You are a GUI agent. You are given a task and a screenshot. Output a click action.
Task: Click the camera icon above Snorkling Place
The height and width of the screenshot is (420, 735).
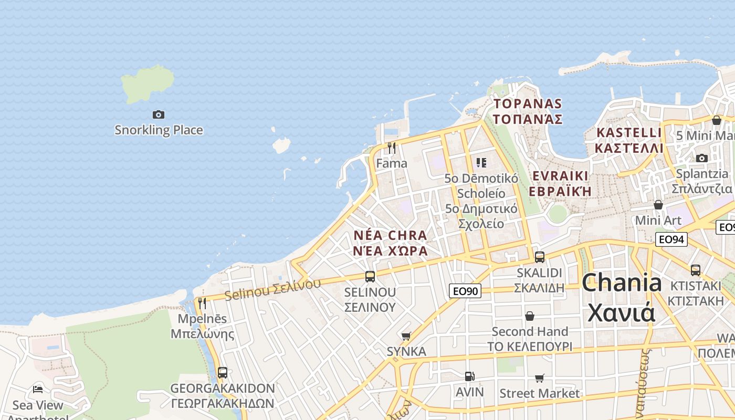tap(158, 114)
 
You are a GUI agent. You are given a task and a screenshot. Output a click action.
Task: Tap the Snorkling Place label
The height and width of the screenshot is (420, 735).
tap(159, 130)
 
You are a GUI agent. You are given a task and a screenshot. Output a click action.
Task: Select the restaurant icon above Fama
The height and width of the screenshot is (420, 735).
tap(391, 148)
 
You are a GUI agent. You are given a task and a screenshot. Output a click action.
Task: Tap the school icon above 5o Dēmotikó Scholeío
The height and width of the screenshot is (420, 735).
tap(481, 163)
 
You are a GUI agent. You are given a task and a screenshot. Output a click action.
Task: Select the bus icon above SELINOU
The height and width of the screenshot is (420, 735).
tap(370, 276)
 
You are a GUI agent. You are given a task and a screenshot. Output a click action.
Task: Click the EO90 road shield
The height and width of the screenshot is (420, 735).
tap(465, 290)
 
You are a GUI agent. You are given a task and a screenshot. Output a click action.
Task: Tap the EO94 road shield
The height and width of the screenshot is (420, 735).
tap(671, 240)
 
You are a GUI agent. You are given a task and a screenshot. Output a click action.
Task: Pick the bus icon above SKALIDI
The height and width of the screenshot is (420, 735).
tap(539, 257)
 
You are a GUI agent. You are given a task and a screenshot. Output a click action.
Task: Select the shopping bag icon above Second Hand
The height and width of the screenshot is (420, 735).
tap(530, 316)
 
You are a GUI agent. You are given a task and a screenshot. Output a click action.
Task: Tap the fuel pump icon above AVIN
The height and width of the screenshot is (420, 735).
tap(469, 376)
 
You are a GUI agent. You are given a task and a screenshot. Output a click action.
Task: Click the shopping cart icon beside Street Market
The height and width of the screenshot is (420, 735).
tap(539, 378)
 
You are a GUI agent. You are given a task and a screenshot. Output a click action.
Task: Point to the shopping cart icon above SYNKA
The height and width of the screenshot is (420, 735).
tap(406, 336)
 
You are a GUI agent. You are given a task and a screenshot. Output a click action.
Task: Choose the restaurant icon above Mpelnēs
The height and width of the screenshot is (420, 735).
tap(202, 303)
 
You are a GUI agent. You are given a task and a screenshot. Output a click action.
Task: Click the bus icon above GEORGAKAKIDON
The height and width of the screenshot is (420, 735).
tap(223, 373)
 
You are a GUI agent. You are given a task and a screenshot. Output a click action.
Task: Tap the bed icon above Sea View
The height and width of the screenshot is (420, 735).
tap(38, 389)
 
